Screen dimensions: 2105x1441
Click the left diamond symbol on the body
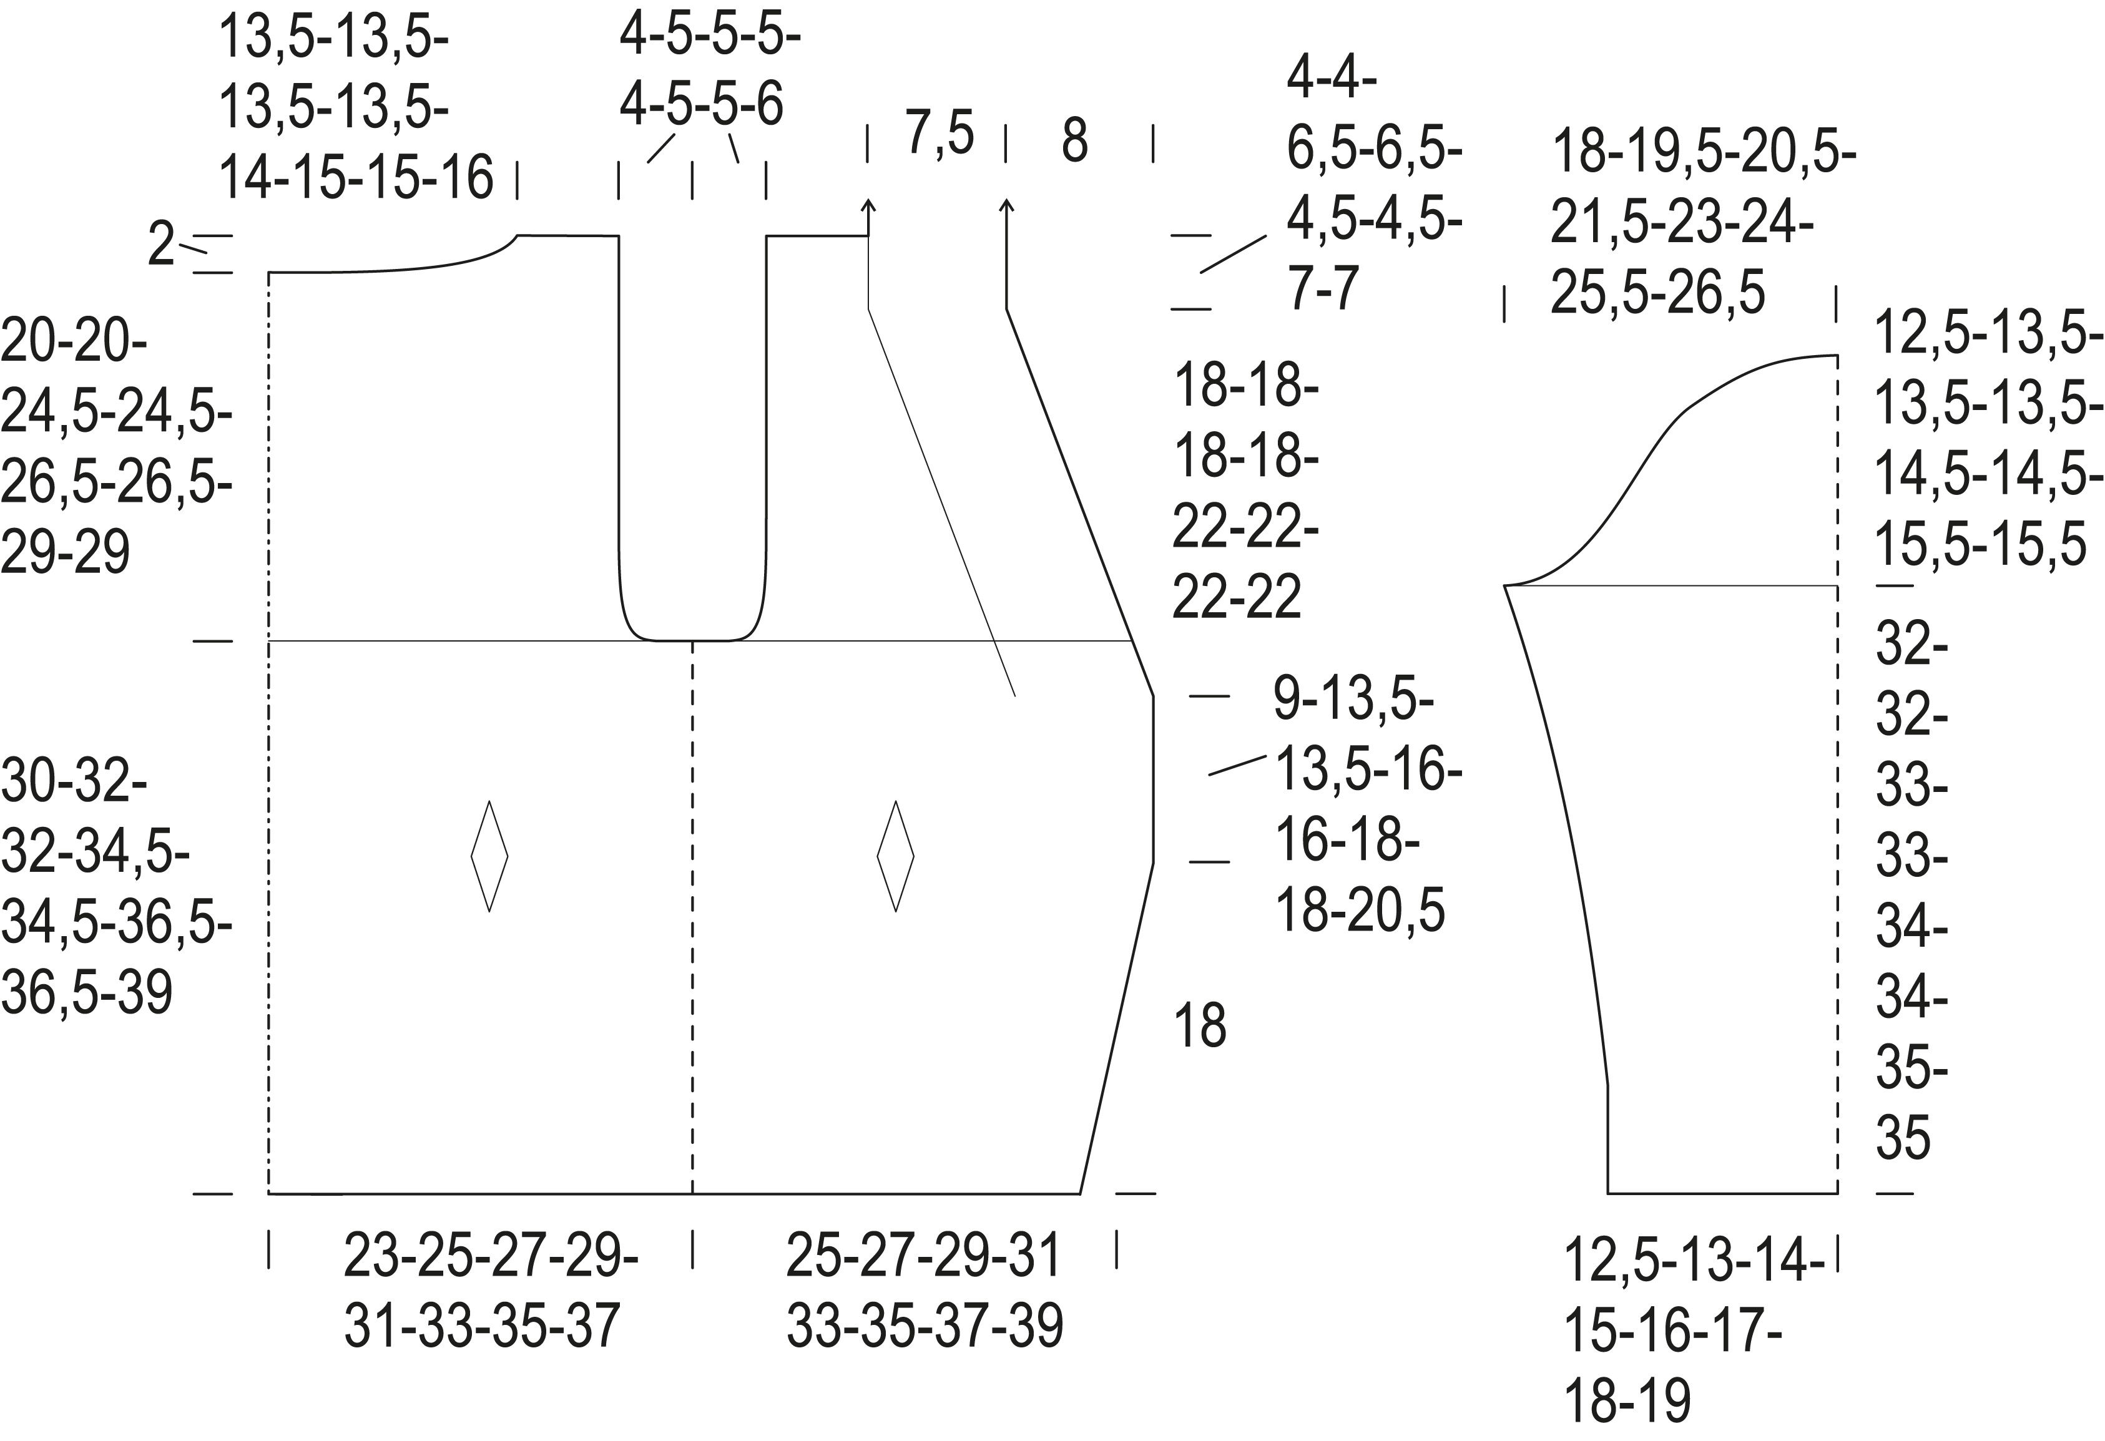(489, 856)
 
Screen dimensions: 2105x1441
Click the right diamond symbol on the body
(895, 856)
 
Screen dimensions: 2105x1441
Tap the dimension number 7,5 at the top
(940, 135)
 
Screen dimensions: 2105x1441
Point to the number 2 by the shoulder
(160, 245)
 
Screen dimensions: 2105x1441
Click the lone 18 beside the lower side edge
(1200, 1026)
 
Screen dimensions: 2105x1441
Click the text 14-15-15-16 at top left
(356, 177)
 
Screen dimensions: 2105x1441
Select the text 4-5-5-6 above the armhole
(701, 104)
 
